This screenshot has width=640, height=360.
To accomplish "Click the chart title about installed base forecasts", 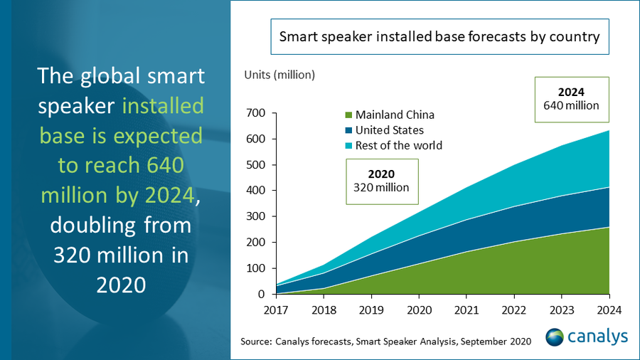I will click(x=439, y=38).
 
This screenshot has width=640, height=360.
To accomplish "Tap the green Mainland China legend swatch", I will click(x=348, y=115).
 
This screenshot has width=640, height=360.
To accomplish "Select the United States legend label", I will click(x=390, y=130).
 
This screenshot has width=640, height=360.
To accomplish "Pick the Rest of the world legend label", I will click(x=399, y=145).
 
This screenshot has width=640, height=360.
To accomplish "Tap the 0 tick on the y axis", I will click(x=262, y=294).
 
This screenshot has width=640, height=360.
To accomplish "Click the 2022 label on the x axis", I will click(x=513, y=309).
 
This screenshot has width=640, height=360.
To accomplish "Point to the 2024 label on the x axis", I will click(x=609, y=309).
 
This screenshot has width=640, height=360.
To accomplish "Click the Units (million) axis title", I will click(x=279, y=75).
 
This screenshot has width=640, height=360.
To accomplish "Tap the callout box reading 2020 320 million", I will click(x=382, y=181).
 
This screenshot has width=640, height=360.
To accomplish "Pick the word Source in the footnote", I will click(x=255, y=342).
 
